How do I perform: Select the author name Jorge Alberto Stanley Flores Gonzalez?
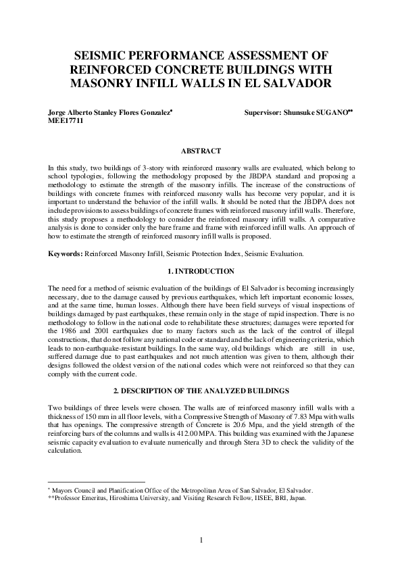111,116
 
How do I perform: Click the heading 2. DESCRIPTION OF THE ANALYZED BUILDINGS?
201,391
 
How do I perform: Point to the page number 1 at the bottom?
201,539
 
